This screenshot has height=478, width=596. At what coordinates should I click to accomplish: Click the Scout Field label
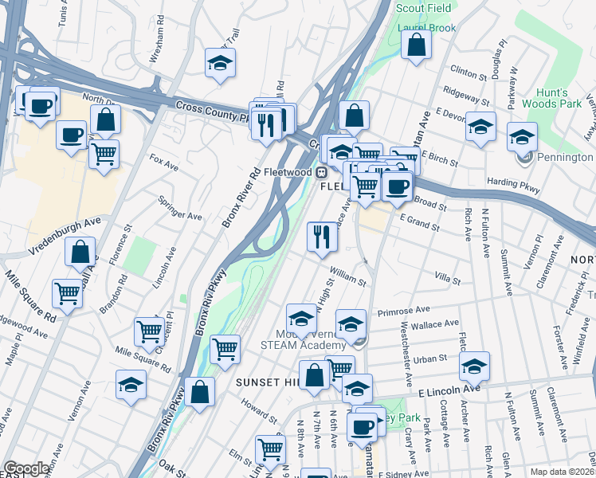coord(422,9)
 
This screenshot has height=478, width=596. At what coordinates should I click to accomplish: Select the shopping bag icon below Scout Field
coord(416,46)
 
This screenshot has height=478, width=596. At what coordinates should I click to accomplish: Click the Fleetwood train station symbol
coord(322,171)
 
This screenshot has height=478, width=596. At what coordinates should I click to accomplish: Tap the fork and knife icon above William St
coord(322,237)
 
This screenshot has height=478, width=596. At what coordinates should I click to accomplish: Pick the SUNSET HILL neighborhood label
coord(266,383)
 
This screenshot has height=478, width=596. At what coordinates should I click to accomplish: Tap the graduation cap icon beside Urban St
coord(474,367)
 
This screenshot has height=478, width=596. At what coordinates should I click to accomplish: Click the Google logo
coord(27,468)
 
